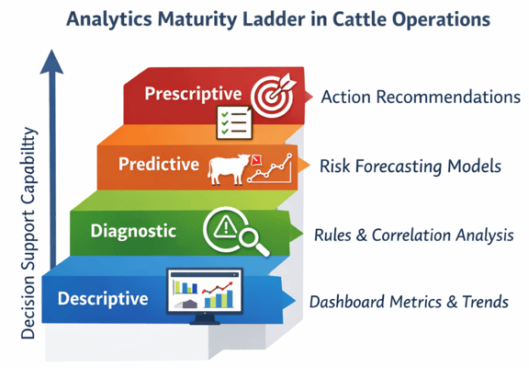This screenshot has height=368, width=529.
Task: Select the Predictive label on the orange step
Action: [158, 164]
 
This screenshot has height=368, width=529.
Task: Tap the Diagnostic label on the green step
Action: [133, 231]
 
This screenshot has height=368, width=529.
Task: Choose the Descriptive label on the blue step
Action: [102, 299]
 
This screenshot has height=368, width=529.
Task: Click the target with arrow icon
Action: [272, 94]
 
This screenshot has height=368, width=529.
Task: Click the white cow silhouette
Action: [229, 168]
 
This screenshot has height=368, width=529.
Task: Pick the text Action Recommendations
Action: [421, 97]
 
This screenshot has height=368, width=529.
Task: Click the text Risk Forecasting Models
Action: [410, 167]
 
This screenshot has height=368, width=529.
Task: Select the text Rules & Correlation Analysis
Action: [413, 236]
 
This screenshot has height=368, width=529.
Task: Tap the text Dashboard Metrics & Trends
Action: [409, 302]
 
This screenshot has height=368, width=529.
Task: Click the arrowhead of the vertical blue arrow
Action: [52, 61]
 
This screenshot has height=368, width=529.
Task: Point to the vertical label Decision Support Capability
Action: [29, 234]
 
